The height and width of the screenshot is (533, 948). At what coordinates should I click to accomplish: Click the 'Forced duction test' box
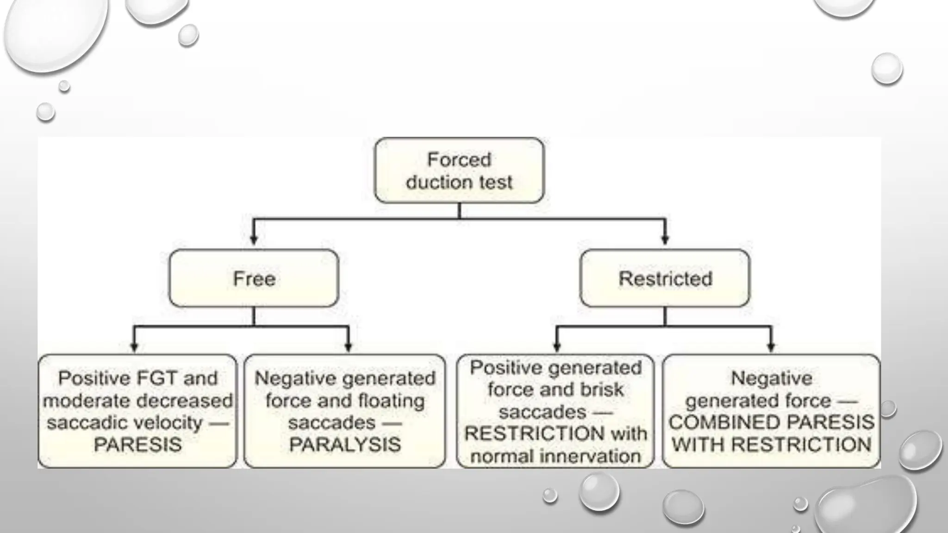click(x=459, y=170)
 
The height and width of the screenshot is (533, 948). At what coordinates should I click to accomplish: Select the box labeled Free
click(x=254, y=279)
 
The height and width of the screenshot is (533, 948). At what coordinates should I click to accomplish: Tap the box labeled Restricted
click(x=665, y=279)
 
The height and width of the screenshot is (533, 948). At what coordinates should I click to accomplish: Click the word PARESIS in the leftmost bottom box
click(x=137, y=445)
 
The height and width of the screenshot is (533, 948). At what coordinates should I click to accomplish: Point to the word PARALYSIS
click(x=345, y=445)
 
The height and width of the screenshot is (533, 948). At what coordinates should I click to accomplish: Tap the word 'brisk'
click(x=601, y=390)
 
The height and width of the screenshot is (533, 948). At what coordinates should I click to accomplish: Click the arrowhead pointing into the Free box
click(x=254, y=240)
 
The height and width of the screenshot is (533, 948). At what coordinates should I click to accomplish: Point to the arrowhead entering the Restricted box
click(x=665, y=240)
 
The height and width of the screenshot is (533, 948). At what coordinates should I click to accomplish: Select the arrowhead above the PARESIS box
click(x=134, y=347)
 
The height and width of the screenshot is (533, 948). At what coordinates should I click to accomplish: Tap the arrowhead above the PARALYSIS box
click(x=349, y=347)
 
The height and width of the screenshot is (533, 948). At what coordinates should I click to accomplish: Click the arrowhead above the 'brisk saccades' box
click(x=557, y=347)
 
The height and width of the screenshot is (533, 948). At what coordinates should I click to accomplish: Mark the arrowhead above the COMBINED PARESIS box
click(x=771, y=347)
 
